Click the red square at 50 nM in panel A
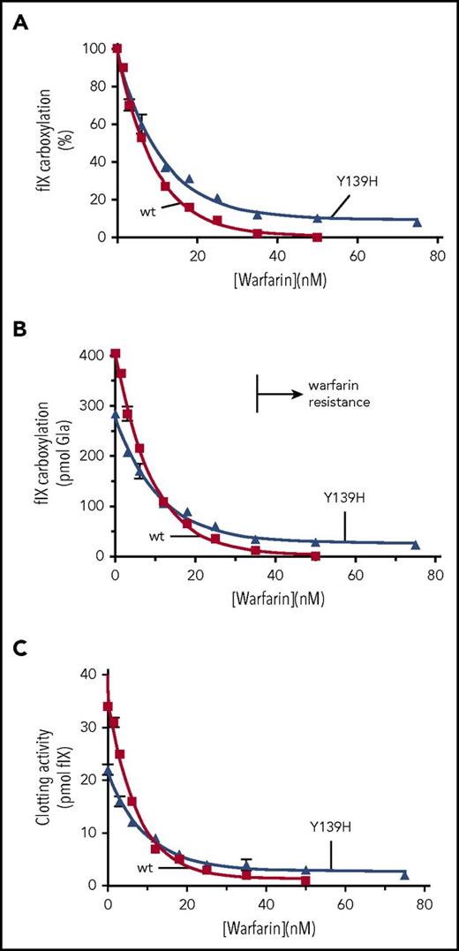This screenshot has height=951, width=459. (317, 238)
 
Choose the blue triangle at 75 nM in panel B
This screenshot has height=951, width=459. (416, 546)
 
